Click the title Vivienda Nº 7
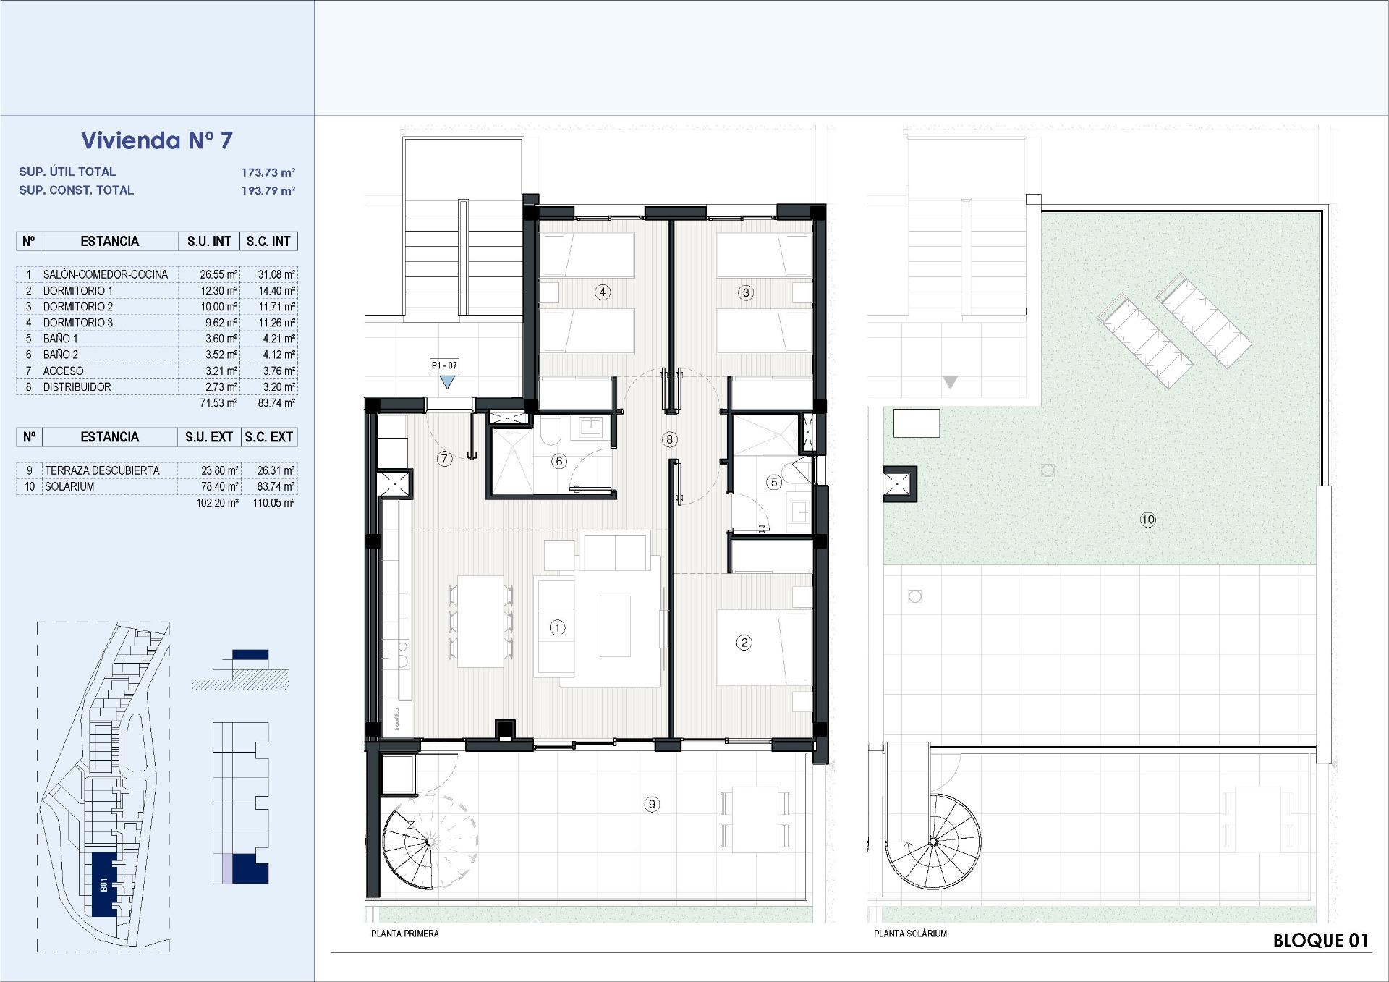point(157,140)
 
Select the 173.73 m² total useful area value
point(268,172)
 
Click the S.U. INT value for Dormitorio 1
point(219,291)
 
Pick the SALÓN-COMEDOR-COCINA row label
point(106,274)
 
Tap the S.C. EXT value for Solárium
point(276,486)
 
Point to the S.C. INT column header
point(268,241)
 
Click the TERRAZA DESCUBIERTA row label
point(102,470)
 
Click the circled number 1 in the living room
point(557,627)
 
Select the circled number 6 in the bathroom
point(558,461)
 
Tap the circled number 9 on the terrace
point(652,804)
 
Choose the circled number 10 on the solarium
point(1147,519)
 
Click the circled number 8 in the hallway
point(669,439)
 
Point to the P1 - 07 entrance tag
point(444,365)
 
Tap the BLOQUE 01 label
point(1321,940)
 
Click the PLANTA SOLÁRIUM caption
point(910,934)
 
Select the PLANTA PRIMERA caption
point(405,934)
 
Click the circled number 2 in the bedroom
point(744,642)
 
